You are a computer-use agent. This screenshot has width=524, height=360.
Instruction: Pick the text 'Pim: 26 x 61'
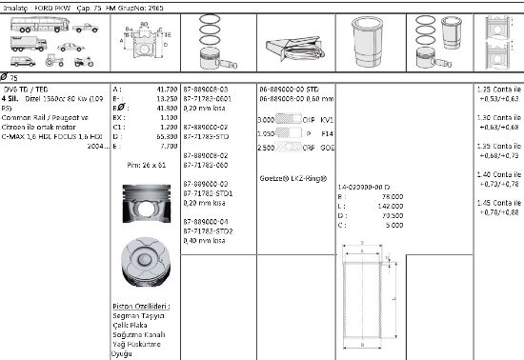[x=146, y=165]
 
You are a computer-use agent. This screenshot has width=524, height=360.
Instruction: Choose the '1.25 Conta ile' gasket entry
[x=497, y=89]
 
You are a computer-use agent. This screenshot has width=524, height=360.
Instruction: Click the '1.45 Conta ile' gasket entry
[x=497, y=203]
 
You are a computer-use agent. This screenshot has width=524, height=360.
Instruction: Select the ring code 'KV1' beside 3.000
[x=327, y=120]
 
